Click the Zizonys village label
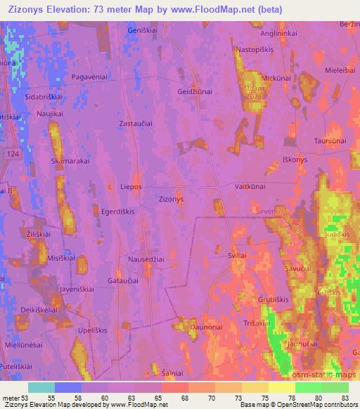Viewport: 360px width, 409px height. point(172,199)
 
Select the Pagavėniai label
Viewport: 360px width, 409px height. point(88,77)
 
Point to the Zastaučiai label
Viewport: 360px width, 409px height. point(136,123)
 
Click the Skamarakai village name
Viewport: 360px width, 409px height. point(70,161)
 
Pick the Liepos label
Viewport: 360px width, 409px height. point(131,187)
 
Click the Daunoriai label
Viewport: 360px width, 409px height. point(204,327)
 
